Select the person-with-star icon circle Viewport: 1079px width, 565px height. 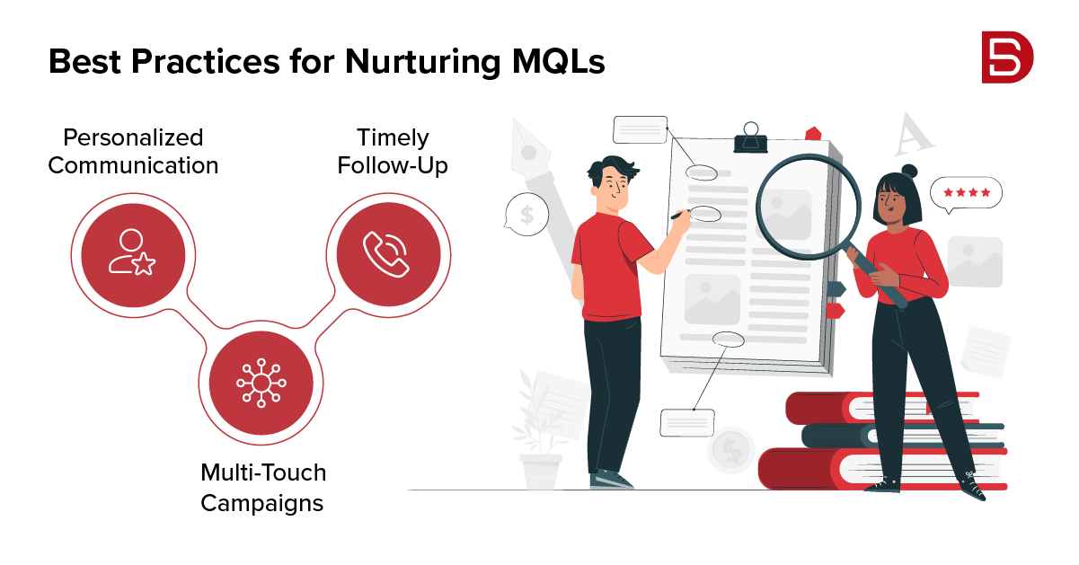tap(133, 252)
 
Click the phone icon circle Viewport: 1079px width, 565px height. tap(388, 252)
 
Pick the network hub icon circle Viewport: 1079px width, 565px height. tap(261, 384)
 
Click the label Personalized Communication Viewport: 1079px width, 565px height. tap(133, 151)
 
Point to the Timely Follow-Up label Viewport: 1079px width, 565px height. tap(393, 151)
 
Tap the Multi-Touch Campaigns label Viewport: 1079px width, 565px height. tap(262, 487)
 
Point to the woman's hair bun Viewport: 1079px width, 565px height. tap(909, 171)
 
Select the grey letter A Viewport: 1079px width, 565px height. tap(914, 137)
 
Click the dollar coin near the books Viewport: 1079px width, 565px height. tap(731, 450)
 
